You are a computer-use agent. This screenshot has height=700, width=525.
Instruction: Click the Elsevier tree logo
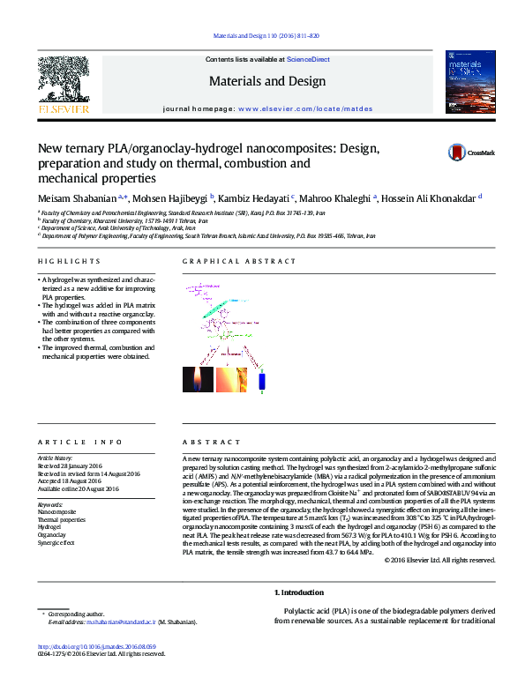pyautogui.click(x=63, y=85)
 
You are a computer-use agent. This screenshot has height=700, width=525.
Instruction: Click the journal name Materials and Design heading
pyautogui.click(x=266, y=81)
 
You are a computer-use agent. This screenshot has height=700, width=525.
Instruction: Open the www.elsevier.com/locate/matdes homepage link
pyautogui.click(x=304, y=109)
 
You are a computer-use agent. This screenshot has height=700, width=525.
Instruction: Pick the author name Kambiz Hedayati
pyautogui.click(x=256, y=197)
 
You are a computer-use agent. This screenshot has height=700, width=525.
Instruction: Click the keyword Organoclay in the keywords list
pyautogui.click(x=51, y=534)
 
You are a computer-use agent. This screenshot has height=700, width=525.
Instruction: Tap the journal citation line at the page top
pyautogui.click(x=266, y=36)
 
